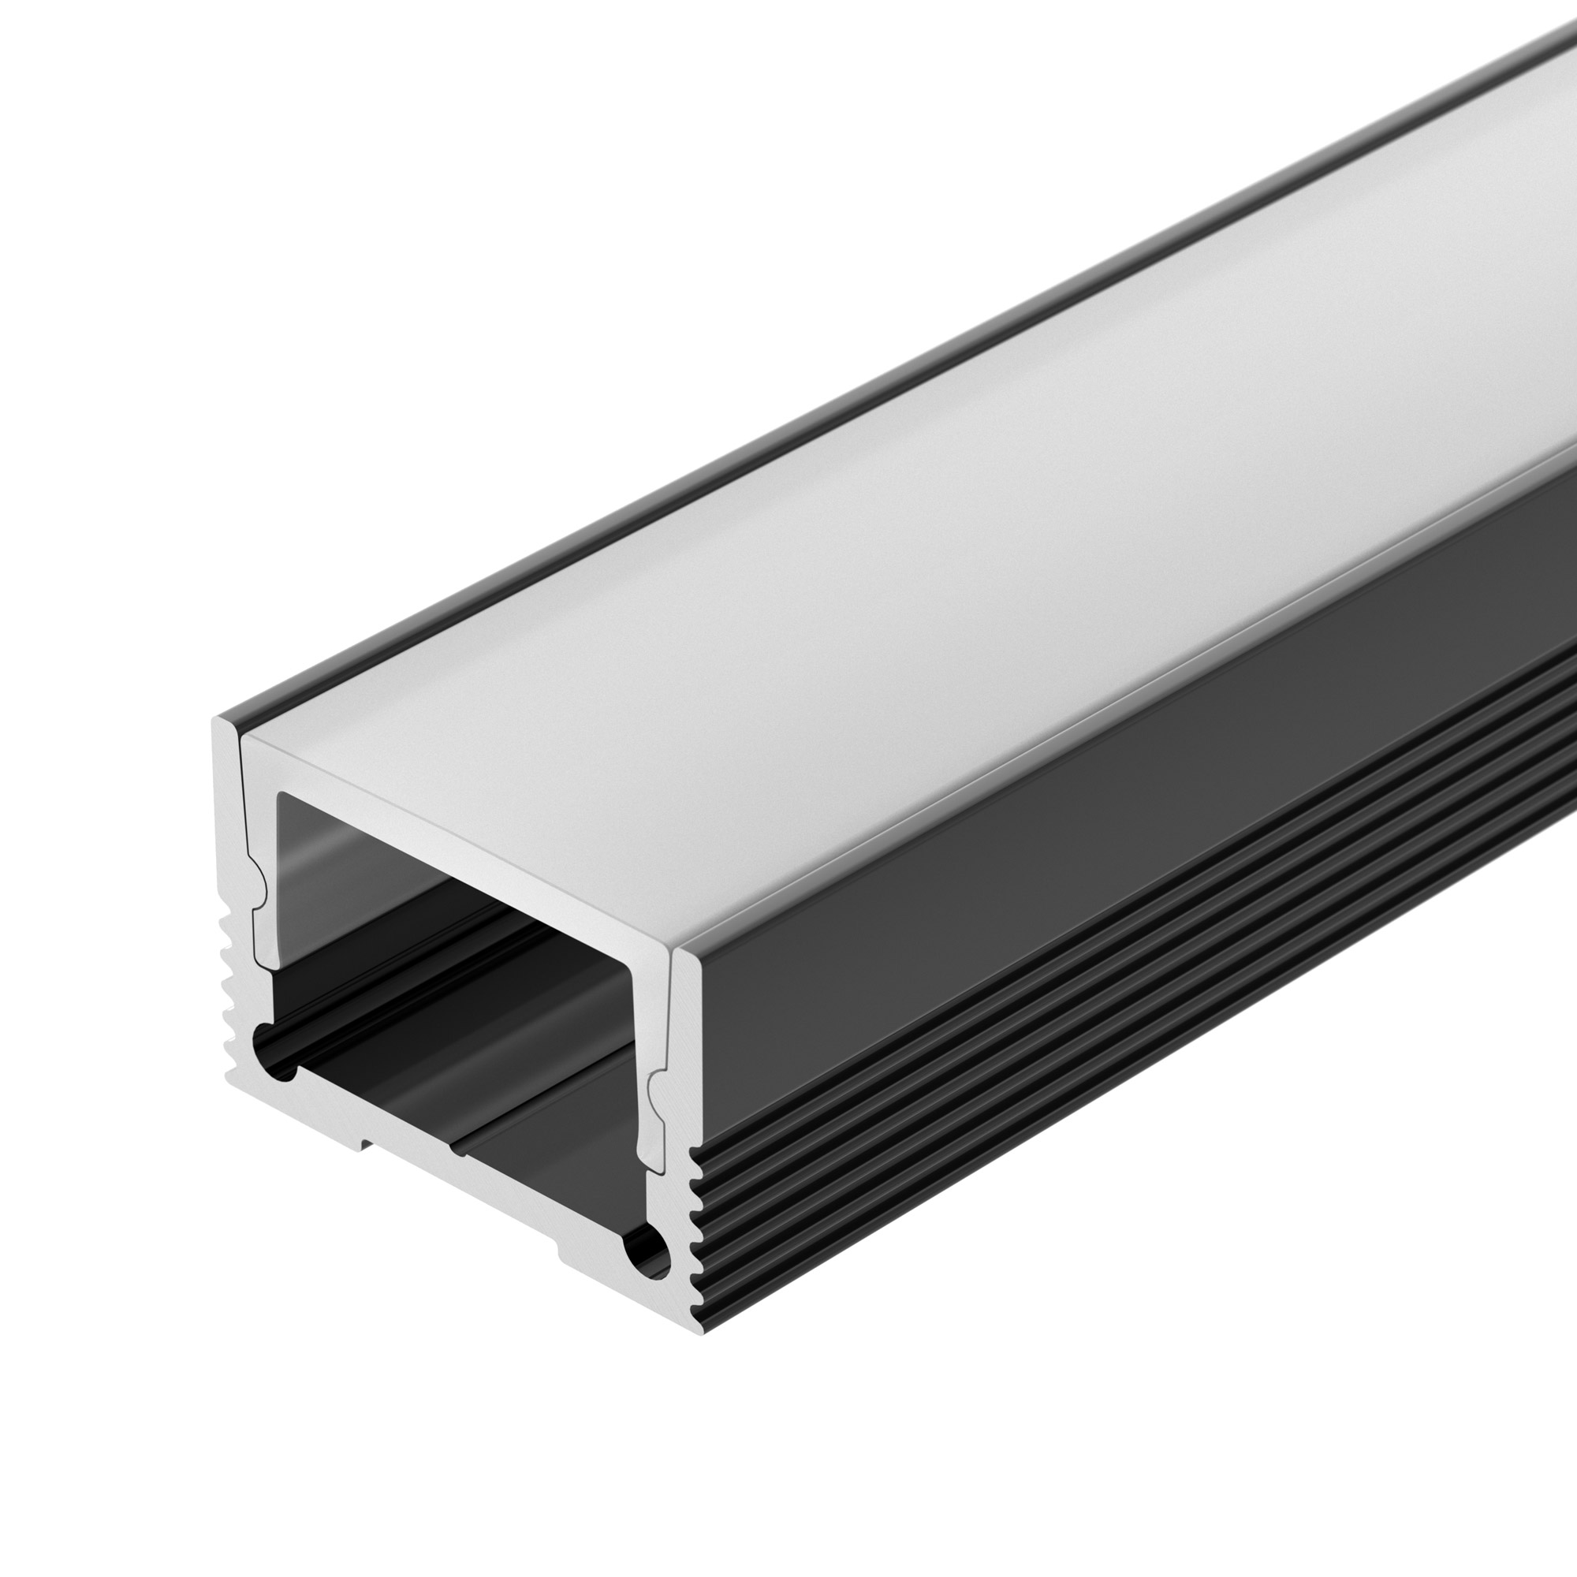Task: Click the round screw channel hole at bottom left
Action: [273, 1059]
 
